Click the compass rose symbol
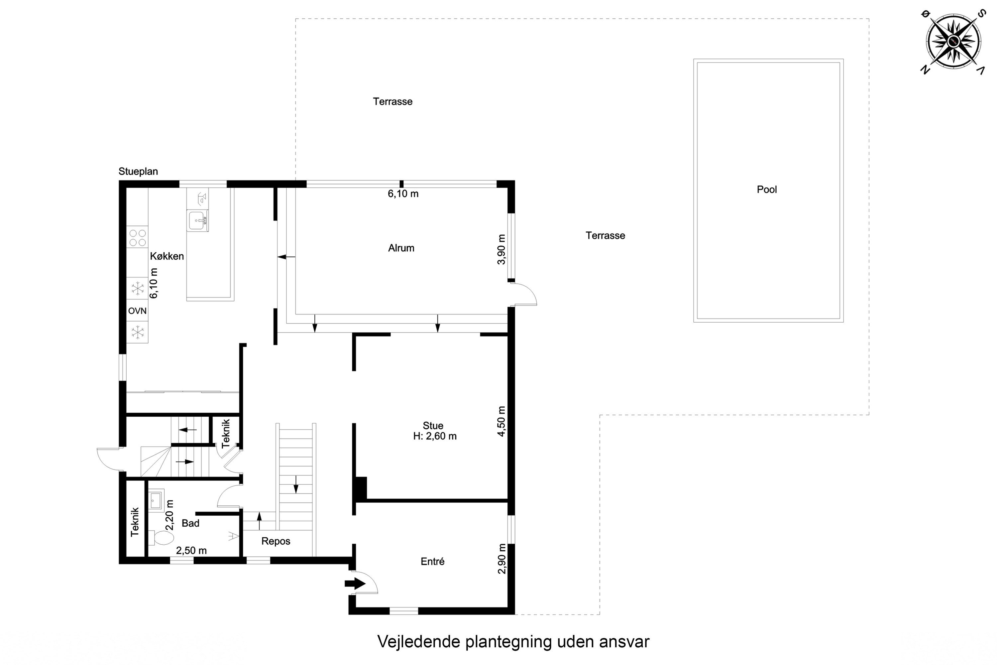(953, 41)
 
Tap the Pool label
(767, 190)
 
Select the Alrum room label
(401, 248)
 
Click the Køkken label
(167, 256)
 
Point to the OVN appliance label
(137, 311)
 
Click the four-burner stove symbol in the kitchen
(137, 237)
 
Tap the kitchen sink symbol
(197, 220)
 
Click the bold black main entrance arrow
(355, 584)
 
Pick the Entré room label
(432, 562)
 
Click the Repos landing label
(276, 541)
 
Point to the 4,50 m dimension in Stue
(501, 421)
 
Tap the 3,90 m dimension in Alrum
(501, 249)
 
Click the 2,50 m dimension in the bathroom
(191, 551)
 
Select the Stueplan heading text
(138, 171)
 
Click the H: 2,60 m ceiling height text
(435, 436)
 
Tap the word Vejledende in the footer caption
(419, 642)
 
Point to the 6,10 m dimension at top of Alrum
(403, 194)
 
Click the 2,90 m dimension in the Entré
(501, 559)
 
